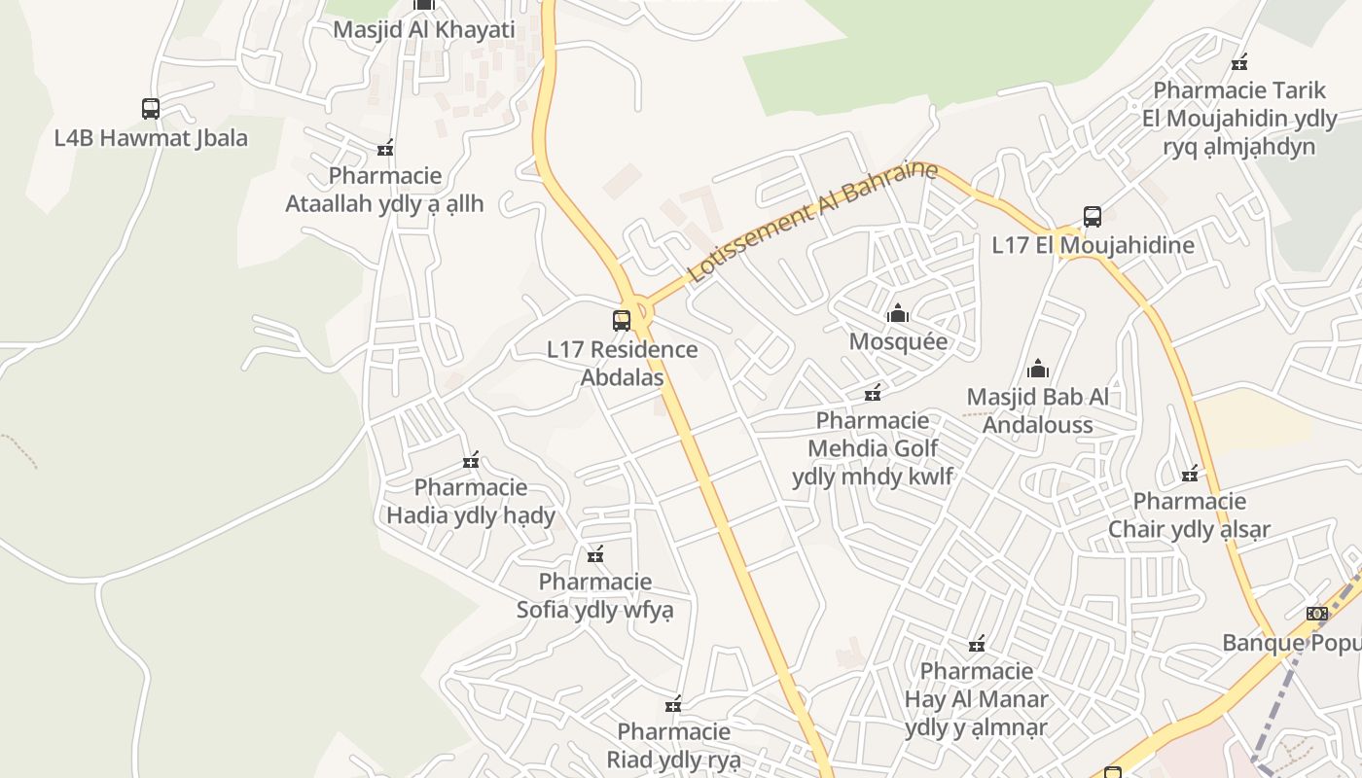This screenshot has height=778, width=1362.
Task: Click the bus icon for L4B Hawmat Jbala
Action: tap(150, 108)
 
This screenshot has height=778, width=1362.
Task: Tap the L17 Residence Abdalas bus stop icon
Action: tap(621, 320)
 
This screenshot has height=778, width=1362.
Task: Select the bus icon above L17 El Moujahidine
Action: tap(1092, 216)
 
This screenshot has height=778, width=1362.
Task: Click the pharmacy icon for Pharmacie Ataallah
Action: tap(385, 148)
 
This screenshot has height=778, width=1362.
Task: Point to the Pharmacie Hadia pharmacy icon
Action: tap(471, 459)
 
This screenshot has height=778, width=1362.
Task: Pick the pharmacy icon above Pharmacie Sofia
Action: tap(595, 554)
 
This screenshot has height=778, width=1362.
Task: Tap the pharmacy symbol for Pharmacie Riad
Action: tap(672, 704)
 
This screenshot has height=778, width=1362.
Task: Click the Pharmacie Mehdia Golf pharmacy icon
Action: tap(873, 392)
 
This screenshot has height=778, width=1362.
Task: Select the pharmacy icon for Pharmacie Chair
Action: tap(1190, 474)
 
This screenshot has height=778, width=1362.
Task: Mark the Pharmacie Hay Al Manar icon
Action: tap(977, 644)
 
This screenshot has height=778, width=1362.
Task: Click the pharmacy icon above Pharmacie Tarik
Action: tap(1239, 62)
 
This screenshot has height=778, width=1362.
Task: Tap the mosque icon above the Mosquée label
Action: tap(897, 313)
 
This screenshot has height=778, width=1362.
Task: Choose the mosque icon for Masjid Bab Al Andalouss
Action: tap(1038, 369)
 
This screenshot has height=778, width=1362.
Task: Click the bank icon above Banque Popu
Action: tap(1317, 614)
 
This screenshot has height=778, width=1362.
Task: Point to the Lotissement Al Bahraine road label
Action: tap(812, 223)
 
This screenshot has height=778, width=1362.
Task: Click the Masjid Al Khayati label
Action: tap(423, 29)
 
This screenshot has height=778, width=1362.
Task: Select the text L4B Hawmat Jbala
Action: tap(151, 137)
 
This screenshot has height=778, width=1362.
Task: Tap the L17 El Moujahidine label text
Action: tap(1093, 245)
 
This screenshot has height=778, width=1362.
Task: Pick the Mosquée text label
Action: tap(898, 341)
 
